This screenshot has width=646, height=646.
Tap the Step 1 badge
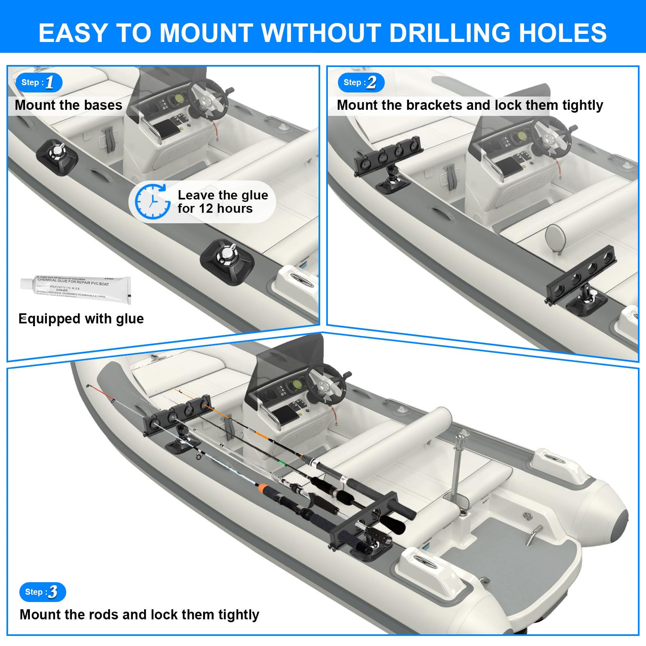click(x=39, y=82)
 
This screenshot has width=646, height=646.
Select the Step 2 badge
click(x=361, y=82)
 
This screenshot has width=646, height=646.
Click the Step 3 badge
click(x=42, y=592)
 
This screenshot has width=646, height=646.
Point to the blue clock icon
click(x=152, y=201)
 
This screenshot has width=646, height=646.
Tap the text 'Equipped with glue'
click(x=81, y=319)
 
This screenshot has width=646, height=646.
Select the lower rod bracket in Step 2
click(x=581, y=275)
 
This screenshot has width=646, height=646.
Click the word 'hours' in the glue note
click(x=235, y=208)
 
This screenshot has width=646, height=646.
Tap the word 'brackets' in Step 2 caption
click(x=434, y=105)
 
